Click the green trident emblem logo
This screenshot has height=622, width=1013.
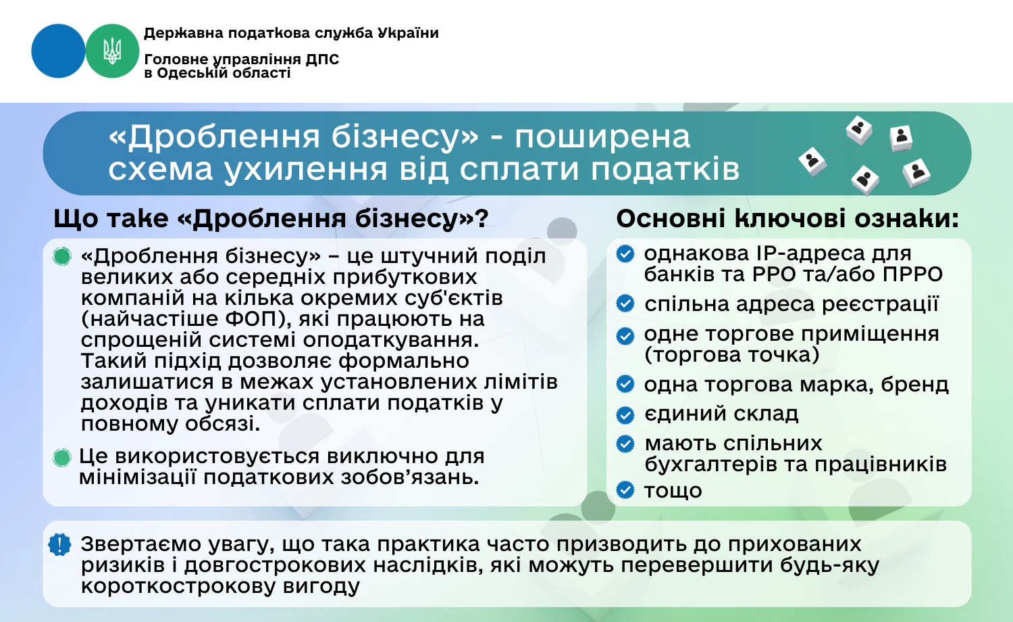click(112, 51)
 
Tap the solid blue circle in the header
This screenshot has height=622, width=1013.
click(58, 51)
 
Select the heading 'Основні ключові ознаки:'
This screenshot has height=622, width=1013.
click(787, 218)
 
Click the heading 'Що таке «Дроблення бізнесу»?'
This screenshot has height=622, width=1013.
click(271, 218)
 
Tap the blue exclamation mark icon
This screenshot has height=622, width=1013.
click(60, 544)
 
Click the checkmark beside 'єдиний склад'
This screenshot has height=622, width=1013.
click(626, 414)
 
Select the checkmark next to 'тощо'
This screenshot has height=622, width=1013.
click(626, 490)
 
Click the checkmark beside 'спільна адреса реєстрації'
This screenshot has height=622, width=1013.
click(626, 304)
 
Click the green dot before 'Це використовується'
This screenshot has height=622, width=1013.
click(62, 458)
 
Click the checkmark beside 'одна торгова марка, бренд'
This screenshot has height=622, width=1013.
click(626, 384)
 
